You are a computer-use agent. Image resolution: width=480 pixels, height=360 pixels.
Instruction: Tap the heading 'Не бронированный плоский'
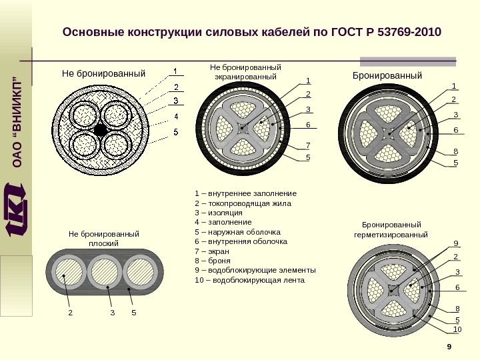[103, 239]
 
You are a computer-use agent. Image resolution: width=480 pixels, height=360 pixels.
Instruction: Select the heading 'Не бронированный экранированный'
[245, 72]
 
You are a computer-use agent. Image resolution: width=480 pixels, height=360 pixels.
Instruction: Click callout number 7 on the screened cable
[308, 145]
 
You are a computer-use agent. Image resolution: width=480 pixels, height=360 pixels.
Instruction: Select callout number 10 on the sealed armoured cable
[457, 329]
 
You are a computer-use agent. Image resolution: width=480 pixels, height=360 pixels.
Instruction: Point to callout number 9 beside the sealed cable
[456, 243]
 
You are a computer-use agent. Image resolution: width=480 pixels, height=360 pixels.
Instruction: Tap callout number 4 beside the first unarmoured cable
[176, 117]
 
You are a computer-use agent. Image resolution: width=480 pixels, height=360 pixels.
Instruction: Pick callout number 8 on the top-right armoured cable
[456, 151]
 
